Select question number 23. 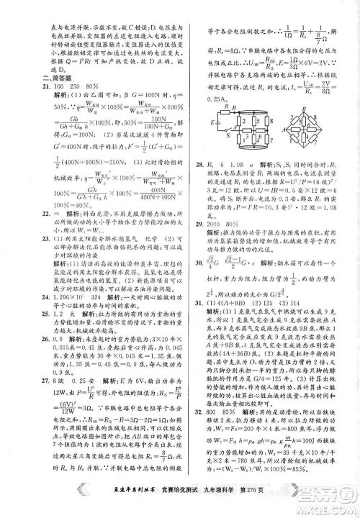coord(48,237)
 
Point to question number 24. coord(48,296)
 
